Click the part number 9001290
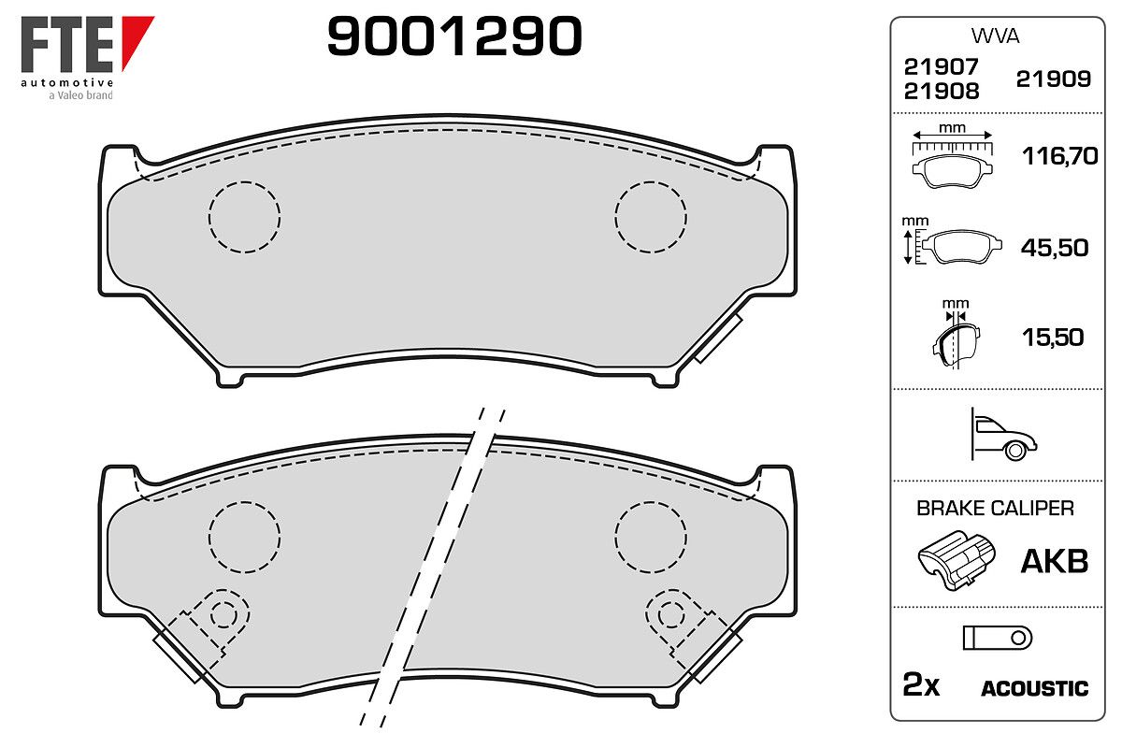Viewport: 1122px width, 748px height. pos(454,36)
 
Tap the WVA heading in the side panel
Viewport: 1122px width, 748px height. pos(995,36)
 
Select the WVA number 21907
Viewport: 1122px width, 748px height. pos(941,66)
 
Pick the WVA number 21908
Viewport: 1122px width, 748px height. pos(942,92)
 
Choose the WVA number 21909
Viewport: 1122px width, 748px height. pos(1054,79)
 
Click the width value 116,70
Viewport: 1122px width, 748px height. pos(1060,156)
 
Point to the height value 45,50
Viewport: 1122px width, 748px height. pos(1055,248)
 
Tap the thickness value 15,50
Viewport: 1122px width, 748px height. pos(1053,338)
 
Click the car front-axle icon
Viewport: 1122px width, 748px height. pos(1003,435)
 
